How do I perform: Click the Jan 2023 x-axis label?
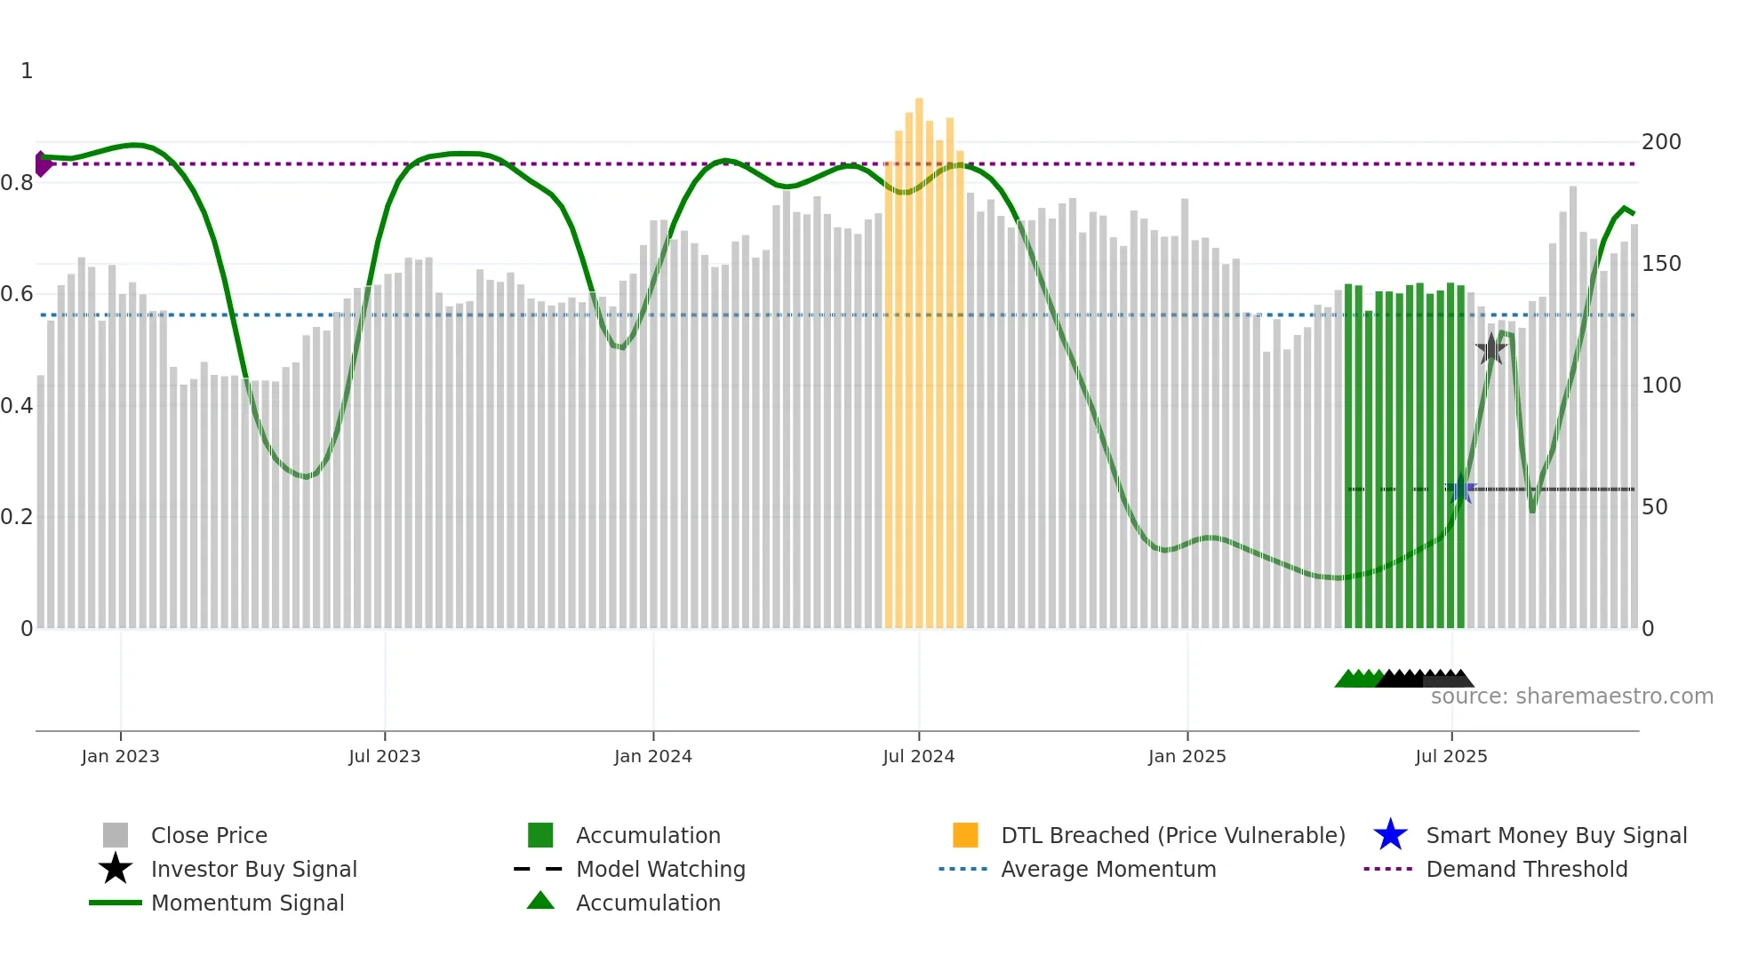[120, 756]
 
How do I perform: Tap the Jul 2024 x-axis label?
[918, 756]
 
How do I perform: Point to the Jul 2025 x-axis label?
[1450, 756]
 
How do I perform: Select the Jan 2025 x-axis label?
[1187, 756]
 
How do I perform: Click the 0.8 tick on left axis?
[17, 183]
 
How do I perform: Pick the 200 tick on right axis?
[1661, 142]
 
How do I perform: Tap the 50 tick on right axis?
[1654, 507]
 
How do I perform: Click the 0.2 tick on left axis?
[17, 517]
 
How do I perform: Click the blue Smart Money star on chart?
[1460, 489]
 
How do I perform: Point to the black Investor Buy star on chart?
[1490, 349]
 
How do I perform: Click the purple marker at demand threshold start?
[42, 164]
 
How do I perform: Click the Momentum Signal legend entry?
[247, 903]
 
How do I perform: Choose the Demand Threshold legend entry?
[1526, 869]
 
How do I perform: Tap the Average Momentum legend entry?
[1107, 869]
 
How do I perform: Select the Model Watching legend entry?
[659, 869]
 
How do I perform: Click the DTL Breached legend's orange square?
[965, 835]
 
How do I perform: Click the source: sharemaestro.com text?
[1571, 696]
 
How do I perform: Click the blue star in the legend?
[1390, 835]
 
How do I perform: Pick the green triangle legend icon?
[540, 901]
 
